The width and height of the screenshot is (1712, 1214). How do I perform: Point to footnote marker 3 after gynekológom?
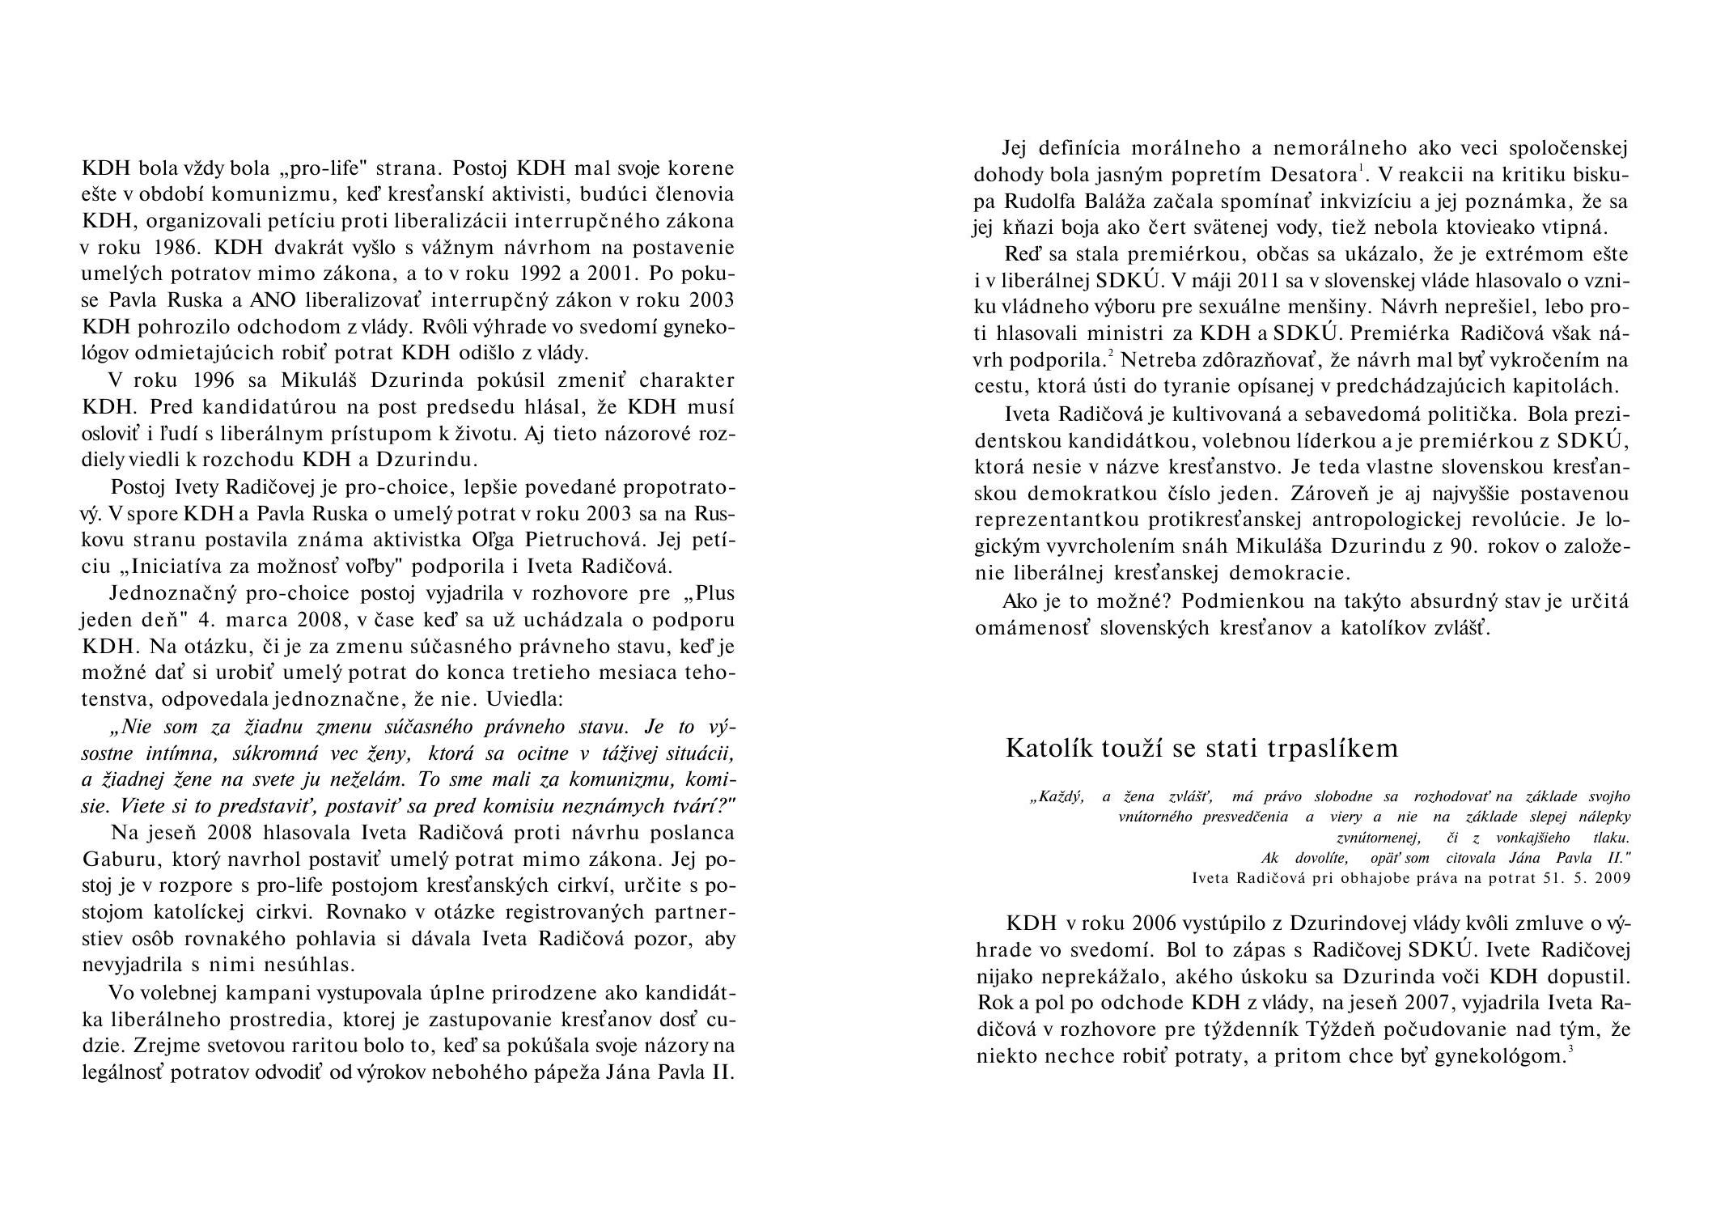(1570, 1051)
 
